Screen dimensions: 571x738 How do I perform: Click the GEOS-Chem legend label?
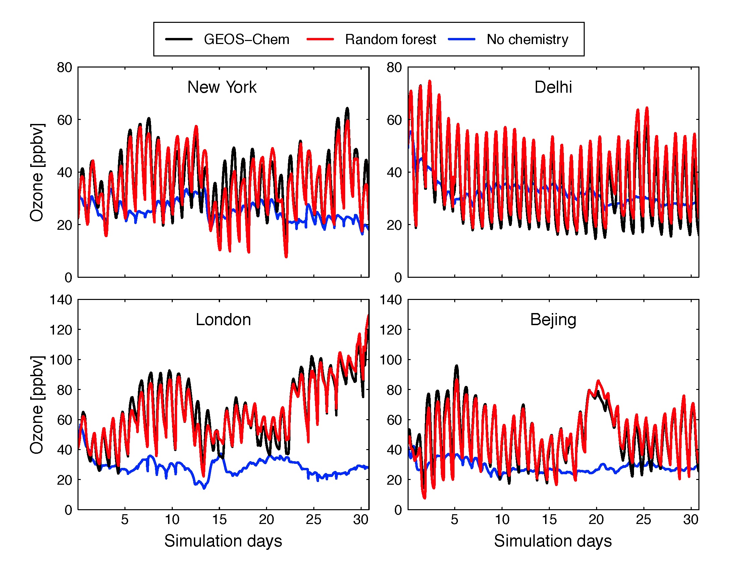pyautogui.click(x=246, y=40)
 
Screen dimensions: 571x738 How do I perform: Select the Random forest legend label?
pyautogui.click(x=390, y=40)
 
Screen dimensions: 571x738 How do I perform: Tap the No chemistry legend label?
pyautogui.click(x=527, y=40)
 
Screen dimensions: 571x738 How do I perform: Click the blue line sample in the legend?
pyautogui.click(x=461, y=39)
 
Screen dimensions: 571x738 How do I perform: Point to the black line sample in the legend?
pyautogui.click(x=179, y=39)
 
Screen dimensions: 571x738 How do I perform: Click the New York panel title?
pyautogui.click(x=222, y=87)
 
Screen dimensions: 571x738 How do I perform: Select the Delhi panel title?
pyautogui.click(x=553, y=87)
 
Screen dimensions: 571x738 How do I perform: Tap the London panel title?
pyautogui.click(x=223, y=320)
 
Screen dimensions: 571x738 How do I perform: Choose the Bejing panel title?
pyautogui.click(x=553, y=320)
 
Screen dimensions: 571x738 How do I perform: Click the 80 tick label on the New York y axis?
pyautogui.click(x=64, y=68)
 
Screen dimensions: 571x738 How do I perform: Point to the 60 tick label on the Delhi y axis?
pyautogui.click(x=394, y=120)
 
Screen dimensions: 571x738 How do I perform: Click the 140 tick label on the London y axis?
pyautogui.click(x=61, y=300)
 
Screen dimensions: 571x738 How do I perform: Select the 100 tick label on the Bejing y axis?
pyautogui.click(x=390, y=360)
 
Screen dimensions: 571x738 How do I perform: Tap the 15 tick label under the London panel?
pyautogui.click(x=219, y=520)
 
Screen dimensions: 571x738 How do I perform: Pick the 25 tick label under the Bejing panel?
pyautogui.click(x=643, y=520)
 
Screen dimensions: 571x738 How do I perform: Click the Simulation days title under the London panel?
pyautogui.click(x=223, y=541)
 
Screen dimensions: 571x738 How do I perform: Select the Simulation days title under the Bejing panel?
pyautogui.click(x=553, y=541)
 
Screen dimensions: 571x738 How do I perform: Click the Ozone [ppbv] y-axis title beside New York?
pyautogui.click(x=37, y=173)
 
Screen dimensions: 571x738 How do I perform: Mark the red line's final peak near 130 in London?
pyautogui.click(x=368, y=316)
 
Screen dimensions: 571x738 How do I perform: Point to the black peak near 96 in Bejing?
pyautogui.click(x=457, y=366)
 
